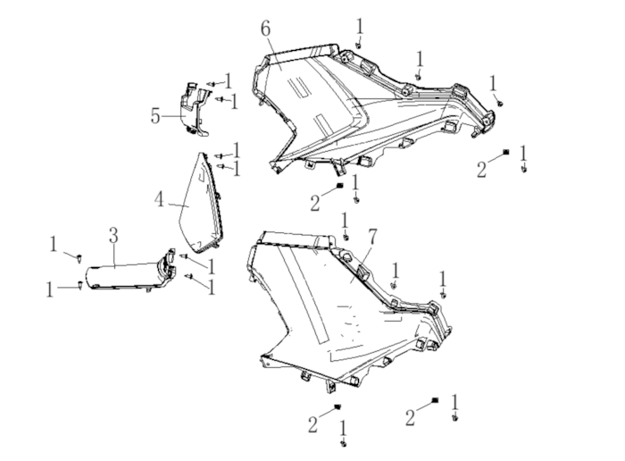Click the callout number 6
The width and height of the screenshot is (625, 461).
266,29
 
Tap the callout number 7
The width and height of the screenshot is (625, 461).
372,238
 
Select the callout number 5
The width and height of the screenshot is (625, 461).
155,116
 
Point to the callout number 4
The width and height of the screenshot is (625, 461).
160,199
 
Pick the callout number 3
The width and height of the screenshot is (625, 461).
113,235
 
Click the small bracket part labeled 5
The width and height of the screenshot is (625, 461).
194,111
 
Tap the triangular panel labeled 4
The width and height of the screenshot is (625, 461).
201,205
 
